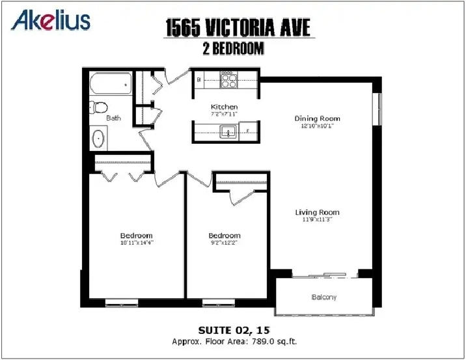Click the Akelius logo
pos(51,20)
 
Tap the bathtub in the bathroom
pos(111,84)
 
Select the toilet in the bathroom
pos(98,107)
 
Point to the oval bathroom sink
pos(98,139)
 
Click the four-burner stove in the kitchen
pos(229,79)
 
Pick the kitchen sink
pos(228,132)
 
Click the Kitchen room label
pos(224,107)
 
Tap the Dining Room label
pos(317,118)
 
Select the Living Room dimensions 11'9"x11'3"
pos(317,219)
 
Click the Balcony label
pos(324,297)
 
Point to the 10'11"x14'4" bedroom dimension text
pos(137,243)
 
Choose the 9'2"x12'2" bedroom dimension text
pos(225,243)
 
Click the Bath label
pos(113,118)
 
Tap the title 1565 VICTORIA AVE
pos(238,27)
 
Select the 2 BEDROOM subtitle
pos(233,48)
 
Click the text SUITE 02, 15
pos(234,330)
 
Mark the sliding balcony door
pos(325,275)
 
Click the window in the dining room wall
pos(377,109)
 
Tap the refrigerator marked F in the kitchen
pos(248,131)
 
